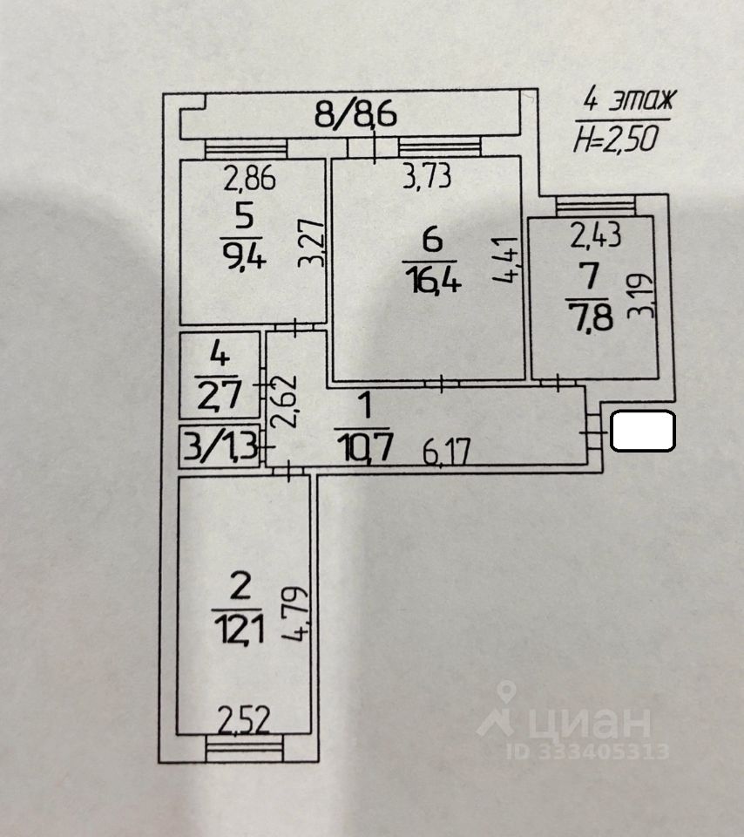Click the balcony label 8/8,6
(x=355, y=113)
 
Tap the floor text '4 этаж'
(x=629, y=99)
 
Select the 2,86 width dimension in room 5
(x=250, y=179)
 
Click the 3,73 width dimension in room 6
(x=427, y=176)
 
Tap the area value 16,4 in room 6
(x=432, y=280)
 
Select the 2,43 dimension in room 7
(x=595, y=235)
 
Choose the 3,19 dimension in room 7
(x=640, y=296)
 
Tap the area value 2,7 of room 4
(x=219, y=394)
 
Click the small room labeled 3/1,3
(x=220, y=446)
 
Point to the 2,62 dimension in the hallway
(x=282, y=401)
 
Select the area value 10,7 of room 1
(x=364, y=446)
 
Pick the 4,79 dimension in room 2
(x=296, y=614)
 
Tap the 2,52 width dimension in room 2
(x=244, y=721)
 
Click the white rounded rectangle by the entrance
(x=643, y=431)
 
